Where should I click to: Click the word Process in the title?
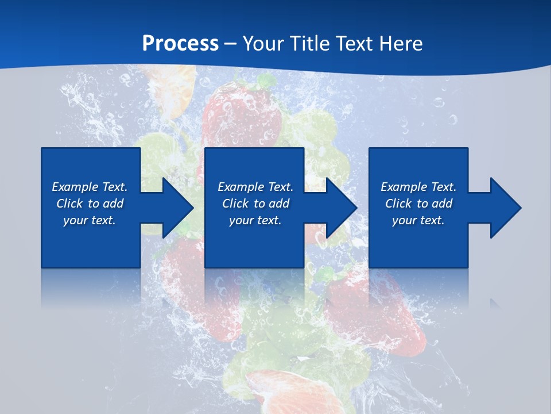pos(180,43)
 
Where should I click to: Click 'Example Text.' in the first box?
pos(90,187)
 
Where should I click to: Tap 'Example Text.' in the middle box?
pos(255,187)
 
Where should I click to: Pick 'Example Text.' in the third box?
pos(418,187)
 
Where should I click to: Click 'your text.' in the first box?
pos(90,220)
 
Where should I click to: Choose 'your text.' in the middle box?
pos(255,220)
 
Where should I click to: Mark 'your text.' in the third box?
pos(418,220)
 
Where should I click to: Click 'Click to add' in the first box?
pos(90,204)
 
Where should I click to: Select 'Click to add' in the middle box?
pos(255,204)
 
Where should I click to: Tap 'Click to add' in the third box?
pos(418,204)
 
